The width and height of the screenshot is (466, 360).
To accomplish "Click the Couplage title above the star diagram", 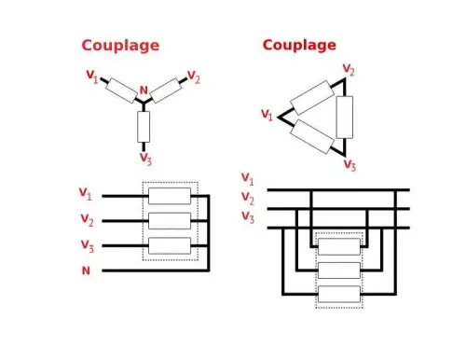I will point(120,46).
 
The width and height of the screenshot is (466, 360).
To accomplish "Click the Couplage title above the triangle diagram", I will point(299,45).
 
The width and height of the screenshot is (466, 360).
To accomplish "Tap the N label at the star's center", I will point(143,91).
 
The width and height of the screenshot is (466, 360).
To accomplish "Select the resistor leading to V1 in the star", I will point(121,90).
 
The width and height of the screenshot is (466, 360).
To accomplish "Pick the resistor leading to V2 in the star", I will point(165,90).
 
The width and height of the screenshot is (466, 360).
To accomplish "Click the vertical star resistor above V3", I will point(143,126).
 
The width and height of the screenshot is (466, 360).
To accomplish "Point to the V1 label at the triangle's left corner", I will point(267,115).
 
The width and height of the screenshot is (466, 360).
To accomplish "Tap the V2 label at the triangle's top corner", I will point(348,70).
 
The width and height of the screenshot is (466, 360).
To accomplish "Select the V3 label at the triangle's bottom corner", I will point(349,165).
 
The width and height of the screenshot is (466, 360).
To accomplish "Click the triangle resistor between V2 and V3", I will point(345,117).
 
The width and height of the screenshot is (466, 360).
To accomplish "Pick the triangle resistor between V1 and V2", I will point(312,97).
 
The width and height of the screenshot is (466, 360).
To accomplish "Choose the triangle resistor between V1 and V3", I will point(311,136).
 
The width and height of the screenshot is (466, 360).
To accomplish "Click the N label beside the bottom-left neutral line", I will point(86,270).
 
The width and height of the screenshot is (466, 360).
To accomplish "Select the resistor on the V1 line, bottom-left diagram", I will point(170,196).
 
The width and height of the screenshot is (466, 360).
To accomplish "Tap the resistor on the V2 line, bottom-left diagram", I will point(170,221).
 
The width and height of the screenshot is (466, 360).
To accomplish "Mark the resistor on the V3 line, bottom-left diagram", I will point(170,245).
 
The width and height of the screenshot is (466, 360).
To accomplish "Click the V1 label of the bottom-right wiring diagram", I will point(247,178).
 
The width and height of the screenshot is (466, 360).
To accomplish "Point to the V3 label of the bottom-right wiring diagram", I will point(247,217).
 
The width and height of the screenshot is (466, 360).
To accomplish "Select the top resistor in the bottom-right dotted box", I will point(338,246).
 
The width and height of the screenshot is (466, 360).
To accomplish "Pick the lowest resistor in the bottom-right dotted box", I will point(338,293).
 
